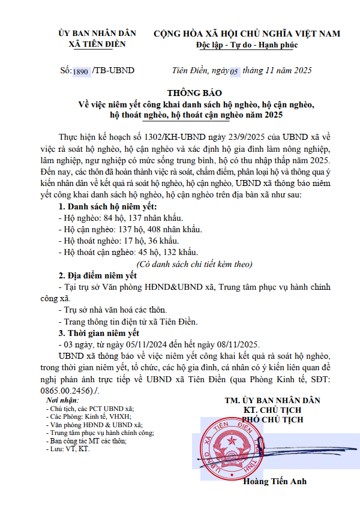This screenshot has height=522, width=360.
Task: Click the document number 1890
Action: point(81,71)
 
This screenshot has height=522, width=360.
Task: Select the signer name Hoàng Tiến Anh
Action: point(275,482)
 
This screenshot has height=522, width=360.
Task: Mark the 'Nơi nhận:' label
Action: point(62,400)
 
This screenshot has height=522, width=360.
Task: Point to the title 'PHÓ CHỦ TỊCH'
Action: point(272,419)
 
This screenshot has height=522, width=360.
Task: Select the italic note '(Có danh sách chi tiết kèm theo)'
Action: point(194,264)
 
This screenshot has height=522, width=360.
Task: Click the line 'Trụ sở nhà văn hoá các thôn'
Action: point(114,310)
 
